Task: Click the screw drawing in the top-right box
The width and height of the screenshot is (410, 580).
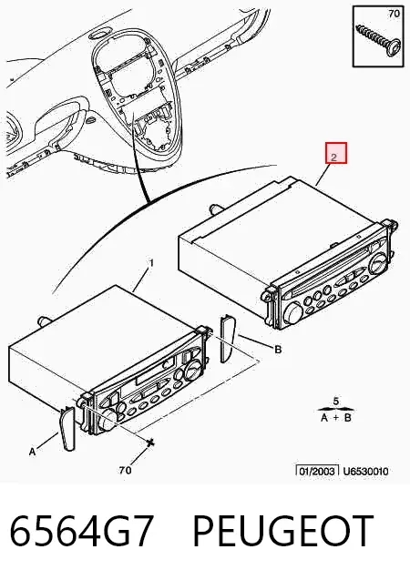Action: [378, 40]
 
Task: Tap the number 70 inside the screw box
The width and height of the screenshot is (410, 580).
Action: [394, 14]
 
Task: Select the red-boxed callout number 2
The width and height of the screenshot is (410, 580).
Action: [336, 153]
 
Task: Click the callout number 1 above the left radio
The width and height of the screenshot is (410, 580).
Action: [151, 263]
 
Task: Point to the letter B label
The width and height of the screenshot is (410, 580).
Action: [278, 350]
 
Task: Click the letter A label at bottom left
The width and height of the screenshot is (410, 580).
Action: [33, 452]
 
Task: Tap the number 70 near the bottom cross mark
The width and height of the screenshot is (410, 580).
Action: [125, 470]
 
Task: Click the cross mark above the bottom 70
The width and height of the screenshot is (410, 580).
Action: [149, 442]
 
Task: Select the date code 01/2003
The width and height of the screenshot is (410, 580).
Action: [317, 472]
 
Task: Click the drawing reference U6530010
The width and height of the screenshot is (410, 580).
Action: [365, 472]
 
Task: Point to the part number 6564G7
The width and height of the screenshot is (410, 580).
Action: [81, 531]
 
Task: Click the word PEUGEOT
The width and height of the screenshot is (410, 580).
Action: [282, 531]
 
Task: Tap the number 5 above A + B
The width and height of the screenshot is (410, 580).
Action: [335, 401]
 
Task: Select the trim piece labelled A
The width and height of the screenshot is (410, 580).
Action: [67, 429]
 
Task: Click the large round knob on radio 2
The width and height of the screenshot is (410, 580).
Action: [294, 314]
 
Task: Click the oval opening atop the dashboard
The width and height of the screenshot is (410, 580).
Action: [98, 36]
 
